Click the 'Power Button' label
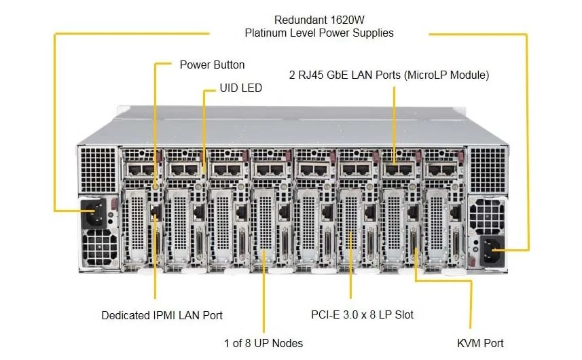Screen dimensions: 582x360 pos(212,65)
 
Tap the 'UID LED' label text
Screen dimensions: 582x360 pos(241,88)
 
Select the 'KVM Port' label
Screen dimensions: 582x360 pos(480,343)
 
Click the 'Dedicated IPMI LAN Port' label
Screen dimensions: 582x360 pos(162,315)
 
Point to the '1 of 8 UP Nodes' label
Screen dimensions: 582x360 pos(263,343)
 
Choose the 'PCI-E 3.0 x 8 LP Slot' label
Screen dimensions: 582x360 pos(362,315)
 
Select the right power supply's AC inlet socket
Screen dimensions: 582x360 pos(492,250)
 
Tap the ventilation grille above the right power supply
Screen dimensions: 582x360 pos(488,170)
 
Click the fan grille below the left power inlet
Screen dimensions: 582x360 pos(99,247)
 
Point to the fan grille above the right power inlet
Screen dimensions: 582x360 pos(487,215)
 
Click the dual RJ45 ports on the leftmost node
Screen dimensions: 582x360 pos(141,170)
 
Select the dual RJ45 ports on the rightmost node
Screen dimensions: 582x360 pos(441,170)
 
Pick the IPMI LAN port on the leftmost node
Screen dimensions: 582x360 pos(156,212)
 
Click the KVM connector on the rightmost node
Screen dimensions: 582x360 pos(456,242)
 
